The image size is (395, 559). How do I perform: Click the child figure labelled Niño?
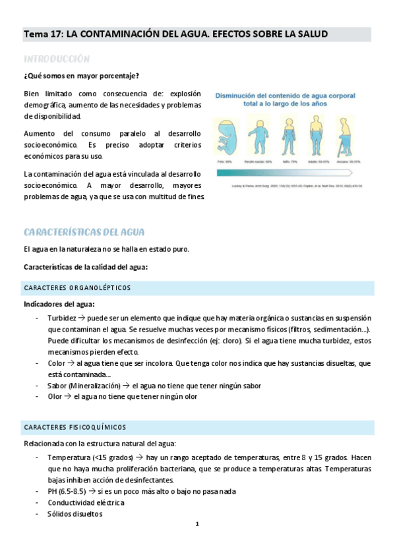coord(288,136)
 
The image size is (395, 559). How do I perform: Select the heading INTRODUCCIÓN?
coord(57,58)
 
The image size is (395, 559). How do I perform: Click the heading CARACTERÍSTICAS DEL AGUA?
coord(84,232)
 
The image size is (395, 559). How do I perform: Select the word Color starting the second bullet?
coord(57,363)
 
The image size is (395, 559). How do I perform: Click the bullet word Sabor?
coord(57,386)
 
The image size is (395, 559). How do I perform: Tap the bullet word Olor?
coord(55,397)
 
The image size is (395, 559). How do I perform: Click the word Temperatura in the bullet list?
coord(69,457)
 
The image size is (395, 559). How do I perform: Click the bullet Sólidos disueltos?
coord(75,514)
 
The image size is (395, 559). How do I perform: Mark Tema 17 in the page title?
coord(42,34)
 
